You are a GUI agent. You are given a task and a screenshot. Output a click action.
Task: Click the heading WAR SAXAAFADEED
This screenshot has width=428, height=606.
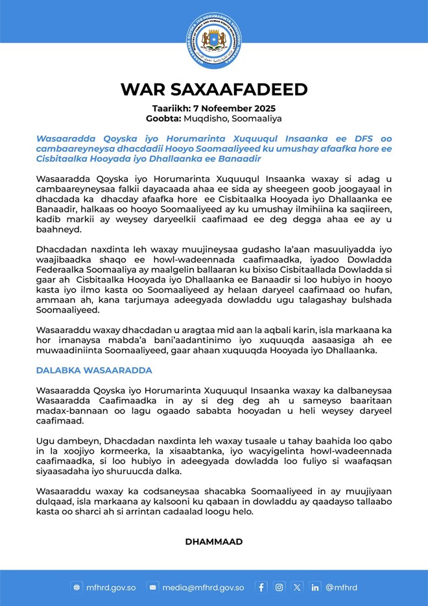pyautogui.click(x=213, y=89)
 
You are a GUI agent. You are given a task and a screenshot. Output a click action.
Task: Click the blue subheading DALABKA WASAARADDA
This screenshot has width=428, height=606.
pyautogui.click(x=94, y=370)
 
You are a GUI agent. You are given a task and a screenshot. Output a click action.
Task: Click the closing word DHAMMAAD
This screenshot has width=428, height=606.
pyautogui.click(x=213, y=541)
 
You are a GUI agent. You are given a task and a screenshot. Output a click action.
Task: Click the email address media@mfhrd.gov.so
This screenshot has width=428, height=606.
pyautogui.click(x=202, y=587)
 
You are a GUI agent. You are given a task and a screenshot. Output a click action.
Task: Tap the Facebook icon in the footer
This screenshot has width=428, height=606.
pyautogui.click(x=261, y=587)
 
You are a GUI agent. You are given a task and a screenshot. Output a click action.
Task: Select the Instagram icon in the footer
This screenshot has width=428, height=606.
pyautogui.click(x=279, y=587)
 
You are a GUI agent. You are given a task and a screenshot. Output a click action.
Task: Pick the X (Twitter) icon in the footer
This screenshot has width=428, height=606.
pyautogui.click(x=297, y=587)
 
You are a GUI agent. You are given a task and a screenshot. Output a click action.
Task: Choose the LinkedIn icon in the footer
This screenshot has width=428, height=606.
pyautogui.click(x=315, y=587)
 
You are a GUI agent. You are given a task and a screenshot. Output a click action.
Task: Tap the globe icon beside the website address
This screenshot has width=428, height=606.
pyautogui.click(x=77, y=587)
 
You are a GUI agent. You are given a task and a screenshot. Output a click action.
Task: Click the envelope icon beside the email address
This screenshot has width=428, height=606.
pyautogui.click(x=153, y=587)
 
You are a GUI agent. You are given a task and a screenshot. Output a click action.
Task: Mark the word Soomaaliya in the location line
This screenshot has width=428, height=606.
pyautogui.click(x=253, y=119)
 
